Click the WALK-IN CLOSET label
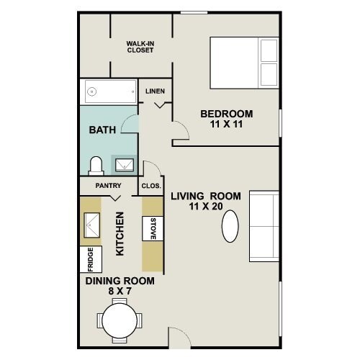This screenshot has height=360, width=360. [141, 47]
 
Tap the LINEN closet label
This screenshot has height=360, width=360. [156, 91]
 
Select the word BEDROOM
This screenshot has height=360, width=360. [227, 114]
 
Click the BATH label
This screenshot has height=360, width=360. [101, 130]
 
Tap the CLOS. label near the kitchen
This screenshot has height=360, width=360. [150, 185]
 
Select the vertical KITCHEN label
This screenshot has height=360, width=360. [120, 233]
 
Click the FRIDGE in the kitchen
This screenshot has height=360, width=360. [91, 258]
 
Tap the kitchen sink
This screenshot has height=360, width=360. [91, 225]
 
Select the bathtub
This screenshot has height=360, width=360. [109, 91]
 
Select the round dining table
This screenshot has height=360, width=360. [120, 319]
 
